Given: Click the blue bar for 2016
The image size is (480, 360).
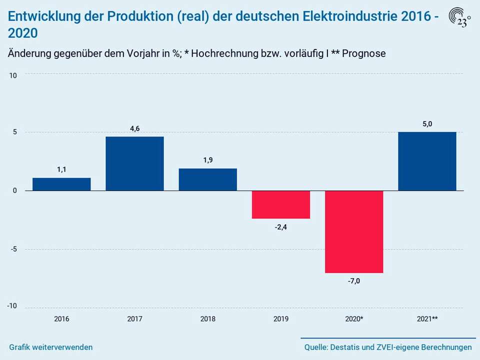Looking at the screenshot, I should (61, 184).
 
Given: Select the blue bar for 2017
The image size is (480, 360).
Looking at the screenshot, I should (134, 163).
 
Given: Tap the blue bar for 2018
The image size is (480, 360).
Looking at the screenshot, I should (207, 179).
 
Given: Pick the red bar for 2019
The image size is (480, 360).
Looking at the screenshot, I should (281, 204).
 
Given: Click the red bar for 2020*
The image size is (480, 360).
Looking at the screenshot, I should (354, 231).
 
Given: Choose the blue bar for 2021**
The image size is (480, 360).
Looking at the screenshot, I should (427, 161).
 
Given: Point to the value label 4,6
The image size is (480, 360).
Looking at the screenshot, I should (134, 128).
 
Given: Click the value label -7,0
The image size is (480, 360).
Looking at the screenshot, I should (354, 281).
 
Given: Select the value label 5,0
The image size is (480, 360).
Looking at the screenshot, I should (427, 123).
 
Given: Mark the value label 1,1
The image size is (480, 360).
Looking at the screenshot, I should (61, 169).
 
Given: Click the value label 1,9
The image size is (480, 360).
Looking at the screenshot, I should (207, 160).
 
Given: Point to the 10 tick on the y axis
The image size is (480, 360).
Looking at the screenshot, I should (13, 75).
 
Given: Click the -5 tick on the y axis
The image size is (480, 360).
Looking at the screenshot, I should (14, 249).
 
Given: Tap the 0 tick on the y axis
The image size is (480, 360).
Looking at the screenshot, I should (15, 190).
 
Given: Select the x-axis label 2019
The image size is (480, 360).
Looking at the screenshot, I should (281, 318).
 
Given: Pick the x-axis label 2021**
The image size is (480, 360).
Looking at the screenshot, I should (427, 318).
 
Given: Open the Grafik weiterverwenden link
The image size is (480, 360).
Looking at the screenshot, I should (50, 347).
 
